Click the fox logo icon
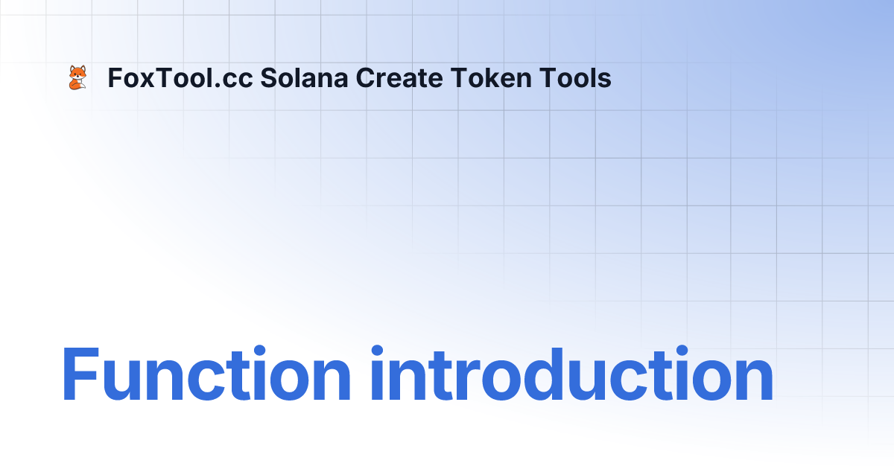click(77, 77)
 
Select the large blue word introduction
click(571, 374)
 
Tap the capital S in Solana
click(267, 78)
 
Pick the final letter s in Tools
click(605, 80)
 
